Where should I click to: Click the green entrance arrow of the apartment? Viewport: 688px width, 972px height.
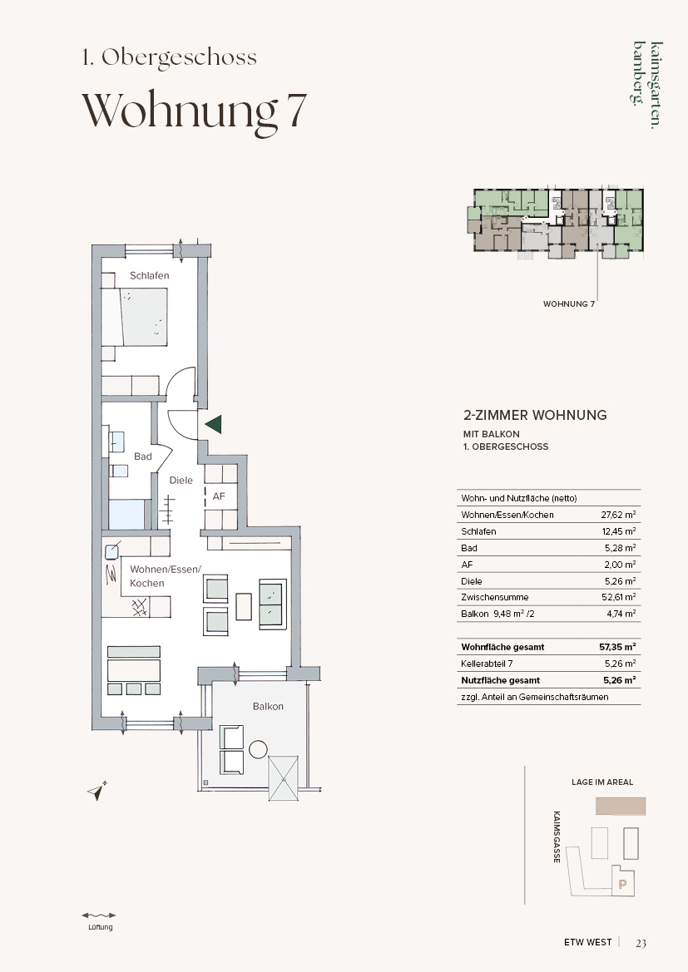[213, 425]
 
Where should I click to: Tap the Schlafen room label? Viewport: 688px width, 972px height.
[149, 275]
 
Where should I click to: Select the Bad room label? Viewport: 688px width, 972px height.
[143, 456]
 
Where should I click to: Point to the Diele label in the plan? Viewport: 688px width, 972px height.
[181, 480]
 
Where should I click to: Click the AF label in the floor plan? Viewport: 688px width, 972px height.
[218, 496]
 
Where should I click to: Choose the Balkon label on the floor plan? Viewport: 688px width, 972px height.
[268, 706]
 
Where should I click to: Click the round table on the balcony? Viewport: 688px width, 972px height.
[257, 749]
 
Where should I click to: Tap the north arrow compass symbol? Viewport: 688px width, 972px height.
[97, 790]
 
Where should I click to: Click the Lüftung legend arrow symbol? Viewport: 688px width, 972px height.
[99, 915]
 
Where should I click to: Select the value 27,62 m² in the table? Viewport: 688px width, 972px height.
[618, 515]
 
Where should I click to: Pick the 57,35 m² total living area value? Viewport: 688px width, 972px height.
[617, 647]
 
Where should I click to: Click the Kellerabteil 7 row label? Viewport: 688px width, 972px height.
[487, 664]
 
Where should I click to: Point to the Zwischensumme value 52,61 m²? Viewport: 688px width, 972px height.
[618, 597]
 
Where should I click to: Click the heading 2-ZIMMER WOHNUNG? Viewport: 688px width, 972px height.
[536, 415]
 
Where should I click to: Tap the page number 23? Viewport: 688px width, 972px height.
[641, 943]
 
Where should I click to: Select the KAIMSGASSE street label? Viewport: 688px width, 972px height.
[557, 836]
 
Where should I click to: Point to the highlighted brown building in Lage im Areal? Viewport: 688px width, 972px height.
[621, 806]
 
